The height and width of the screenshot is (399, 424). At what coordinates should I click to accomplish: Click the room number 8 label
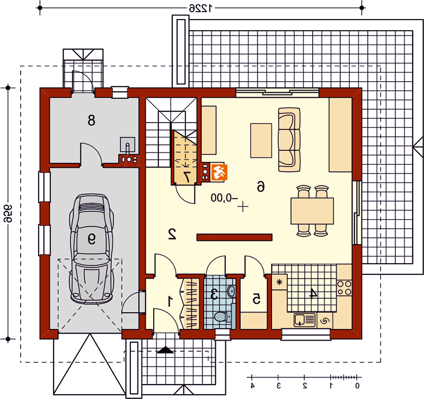[91, 120]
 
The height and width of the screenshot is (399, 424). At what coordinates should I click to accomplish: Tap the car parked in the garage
[91, 248]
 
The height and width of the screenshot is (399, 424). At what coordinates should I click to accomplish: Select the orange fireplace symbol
[219, 172]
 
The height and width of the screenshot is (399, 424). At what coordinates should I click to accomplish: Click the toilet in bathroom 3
[223, 316]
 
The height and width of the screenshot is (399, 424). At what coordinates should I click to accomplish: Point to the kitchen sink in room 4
[305, 320]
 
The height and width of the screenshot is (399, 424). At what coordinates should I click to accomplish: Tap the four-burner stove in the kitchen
[344, 288]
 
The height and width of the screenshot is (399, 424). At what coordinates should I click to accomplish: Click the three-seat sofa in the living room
[289, 140]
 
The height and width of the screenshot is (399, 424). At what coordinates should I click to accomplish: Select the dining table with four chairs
[312, 211]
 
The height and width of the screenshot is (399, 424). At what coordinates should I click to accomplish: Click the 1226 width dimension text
[201, 8]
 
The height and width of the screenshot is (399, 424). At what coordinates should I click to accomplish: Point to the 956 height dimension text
[8, 213]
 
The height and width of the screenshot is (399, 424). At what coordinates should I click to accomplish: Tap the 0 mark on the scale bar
[357, 385]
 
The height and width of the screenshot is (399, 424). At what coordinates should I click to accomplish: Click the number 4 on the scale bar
[252, 385]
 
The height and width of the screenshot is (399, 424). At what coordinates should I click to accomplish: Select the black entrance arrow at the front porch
[165, 350]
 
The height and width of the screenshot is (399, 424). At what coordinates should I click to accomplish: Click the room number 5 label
[257, 299]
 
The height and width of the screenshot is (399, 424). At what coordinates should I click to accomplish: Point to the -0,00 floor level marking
[224, 198]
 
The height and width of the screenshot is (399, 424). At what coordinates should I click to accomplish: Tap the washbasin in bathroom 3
[232, 291]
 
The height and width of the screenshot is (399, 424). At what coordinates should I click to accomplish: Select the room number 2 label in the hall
[172, 234]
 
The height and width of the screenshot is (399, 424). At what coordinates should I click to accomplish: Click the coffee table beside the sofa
[261, 141]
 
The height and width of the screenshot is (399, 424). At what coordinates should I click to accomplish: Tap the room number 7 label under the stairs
[187, 177]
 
